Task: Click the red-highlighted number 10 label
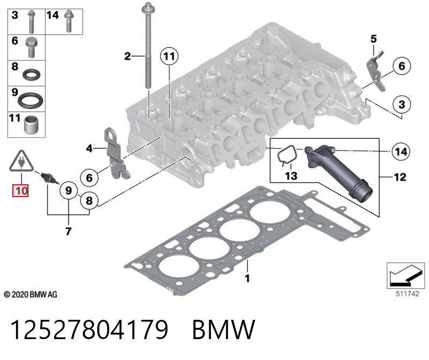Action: [x=20, y=191]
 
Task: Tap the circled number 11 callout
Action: [x=169, y=56]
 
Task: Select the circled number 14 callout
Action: [x=401, y=151]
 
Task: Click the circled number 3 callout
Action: [x=402, y=104]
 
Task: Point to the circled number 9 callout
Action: [x=69, y=190]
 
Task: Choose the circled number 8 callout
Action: [x=89, y=201]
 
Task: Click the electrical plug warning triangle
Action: [x=21, y=162]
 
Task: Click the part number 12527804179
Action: [x=89, y=329]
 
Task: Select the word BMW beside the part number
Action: [x=224, y=329]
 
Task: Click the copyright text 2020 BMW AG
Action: [x=31, y=295]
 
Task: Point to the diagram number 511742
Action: [x=408, y=294]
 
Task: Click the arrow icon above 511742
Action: [x=405, y=275]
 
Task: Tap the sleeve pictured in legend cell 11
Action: [x=31, y=125]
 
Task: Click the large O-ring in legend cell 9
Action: [x=31, y=101]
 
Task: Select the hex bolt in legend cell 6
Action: [x=32, y=48]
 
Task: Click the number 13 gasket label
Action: [x=291, y=176]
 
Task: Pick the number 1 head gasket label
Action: [x=247, y=278]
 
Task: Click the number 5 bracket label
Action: [x=373, y=39]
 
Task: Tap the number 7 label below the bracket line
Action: [x=69, y=231]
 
